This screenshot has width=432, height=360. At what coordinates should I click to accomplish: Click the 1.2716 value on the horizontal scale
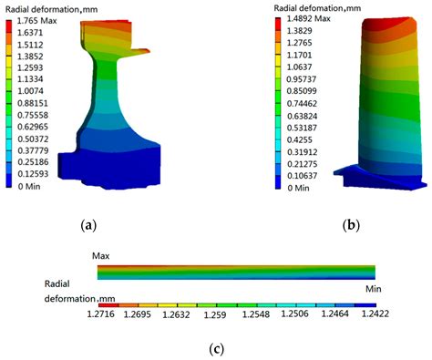click(x=108, y=313)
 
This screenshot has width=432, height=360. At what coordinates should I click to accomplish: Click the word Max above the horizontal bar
click(x=101, y=257)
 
